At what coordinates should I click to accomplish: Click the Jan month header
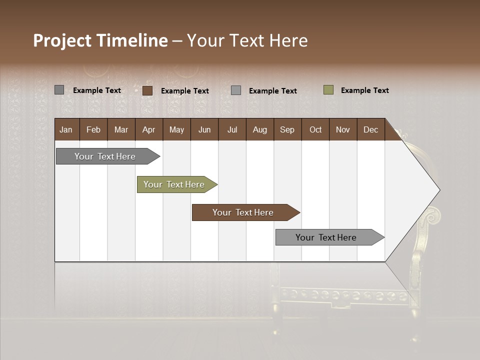(x=66, y=129)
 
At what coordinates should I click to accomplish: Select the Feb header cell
(x=93, y=129)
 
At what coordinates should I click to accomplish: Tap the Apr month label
(x=148, y=129)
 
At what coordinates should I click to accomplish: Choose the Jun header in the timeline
(x=204, y=129)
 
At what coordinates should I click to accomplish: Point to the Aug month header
(x=259, y=129)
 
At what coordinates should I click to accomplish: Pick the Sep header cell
(x=287, y=129)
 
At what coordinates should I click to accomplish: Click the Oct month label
(x=315, y=129)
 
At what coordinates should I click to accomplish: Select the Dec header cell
(x=370, y=129)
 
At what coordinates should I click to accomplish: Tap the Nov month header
(x=343, y=129)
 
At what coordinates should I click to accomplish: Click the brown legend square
(x=147, y=90)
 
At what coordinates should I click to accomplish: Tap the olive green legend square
(x=328, y=90)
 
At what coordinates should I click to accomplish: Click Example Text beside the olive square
(x=364, y=90)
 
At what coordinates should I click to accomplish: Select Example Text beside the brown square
(x=184, y=91)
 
